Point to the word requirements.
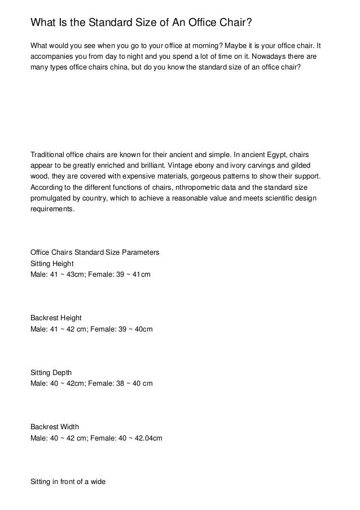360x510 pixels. click(52, 208)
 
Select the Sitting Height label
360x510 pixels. click(52, 263)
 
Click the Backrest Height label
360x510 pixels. click(56, 318)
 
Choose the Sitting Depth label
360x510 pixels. click(51, 373)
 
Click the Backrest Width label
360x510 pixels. click(54, 428)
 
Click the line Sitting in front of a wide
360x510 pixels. click(68, 482)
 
